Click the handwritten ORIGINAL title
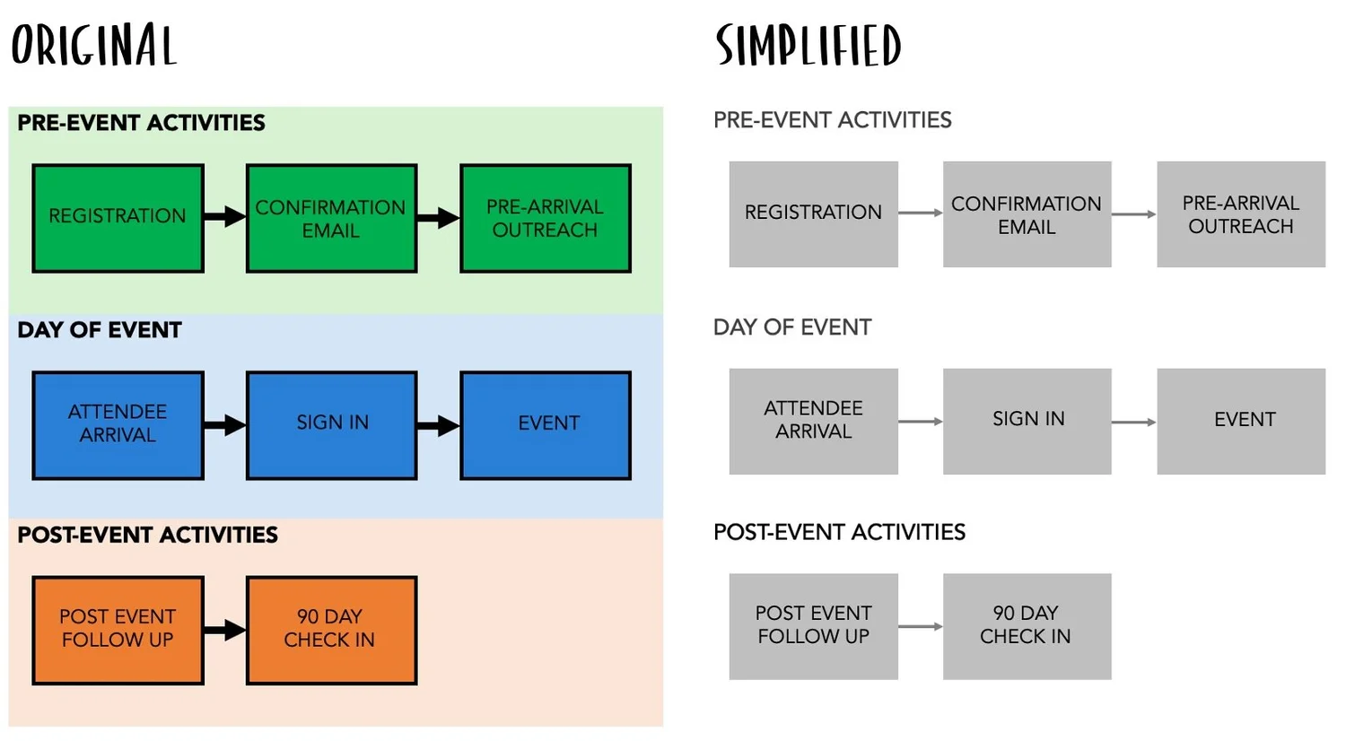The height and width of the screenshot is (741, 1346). tap(93, 45)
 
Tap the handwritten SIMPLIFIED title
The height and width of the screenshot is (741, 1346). tap(808, 46)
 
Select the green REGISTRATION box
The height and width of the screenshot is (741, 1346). tap(118, 218)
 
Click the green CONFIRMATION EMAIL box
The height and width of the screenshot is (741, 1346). tap(331, 218)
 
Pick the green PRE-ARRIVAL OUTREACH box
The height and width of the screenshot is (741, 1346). tap(545, 218)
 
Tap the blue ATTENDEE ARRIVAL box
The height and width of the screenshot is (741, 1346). tap(118, 424)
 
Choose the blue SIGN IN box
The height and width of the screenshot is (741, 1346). tap(331, 424)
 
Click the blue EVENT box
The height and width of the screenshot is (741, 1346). tap(545, 424)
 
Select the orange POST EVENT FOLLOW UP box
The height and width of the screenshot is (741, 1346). tap(118, 630)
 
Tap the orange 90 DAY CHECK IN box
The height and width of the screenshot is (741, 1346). tap(331, 630)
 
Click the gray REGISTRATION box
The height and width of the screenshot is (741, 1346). tap(813, 214)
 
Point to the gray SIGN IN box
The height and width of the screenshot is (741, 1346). tap(1027, 420)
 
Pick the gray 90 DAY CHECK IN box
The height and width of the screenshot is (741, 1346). tap(1027, 625)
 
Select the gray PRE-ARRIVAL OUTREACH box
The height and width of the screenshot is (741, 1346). tap(1240, 214)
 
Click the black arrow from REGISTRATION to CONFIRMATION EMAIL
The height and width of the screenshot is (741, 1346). tap(224, 216)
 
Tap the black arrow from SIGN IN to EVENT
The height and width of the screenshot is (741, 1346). tap(438, 425)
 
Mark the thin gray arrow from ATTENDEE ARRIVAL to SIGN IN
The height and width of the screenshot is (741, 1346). tap(920, 421)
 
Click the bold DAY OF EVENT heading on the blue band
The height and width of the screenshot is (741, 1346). tap(99, 330)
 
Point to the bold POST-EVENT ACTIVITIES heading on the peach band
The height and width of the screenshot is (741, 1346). tap(147, 536)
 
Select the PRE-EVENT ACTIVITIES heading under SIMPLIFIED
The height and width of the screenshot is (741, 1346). tap(832, 120)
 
